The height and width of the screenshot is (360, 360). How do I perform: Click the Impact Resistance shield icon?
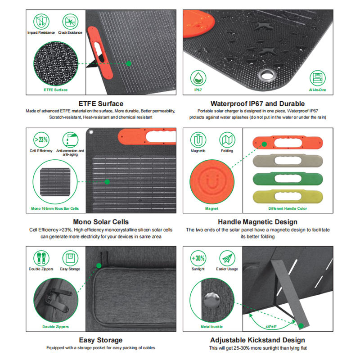point(41,21)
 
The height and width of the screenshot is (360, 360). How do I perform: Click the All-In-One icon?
point(317,78)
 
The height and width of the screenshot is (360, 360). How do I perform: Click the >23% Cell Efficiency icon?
point(41,139)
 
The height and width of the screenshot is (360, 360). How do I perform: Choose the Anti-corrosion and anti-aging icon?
point(70,139)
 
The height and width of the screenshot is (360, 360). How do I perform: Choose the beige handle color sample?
point(287,160)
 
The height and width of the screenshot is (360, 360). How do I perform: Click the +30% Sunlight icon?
point(198,258)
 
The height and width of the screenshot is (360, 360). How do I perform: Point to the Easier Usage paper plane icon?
point(227,258)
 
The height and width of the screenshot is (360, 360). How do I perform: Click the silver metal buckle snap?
point(211,299)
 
